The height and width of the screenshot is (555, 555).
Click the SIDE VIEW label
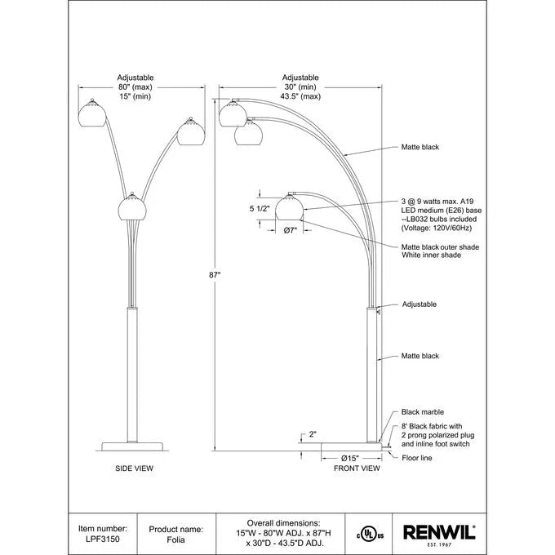(134, 468)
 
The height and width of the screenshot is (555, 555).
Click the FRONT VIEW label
(357, 468)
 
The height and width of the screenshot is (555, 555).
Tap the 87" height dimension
(215, 275)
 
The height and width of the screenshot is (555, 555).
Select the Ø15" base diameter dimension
(350, 459)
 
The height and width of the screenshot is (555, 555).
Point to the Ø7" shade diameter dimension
(291, 230)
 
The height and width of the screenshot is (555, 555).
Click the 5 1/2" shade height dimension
(260, 209)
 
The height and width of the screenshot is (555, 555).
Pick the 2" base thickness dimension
(313, 434)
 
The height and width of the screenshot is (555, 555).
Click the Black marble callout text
(422, 412)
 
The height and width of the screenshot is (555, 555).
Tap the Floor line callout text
(416, 458)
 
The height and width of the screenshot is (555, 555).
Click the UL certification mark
(370, 535)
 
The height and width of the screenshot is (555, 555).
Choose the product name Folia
(175, 539)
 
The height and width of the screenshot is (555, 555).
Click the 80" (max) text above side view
(135, 87)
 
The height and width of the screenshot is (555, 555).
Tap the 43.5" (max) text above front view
(300, 96)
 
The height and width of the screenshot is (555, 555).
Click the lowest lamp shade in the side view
(131, 207)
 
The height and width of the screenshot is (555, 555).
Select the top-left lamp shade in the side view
(92, 113)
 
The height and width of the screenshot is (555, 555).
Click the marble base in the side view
(132, 446)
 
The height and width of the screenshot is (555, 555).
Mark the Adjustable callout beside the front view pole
(419, 304)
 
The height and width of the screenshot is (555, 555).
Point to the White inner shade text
(431, 255)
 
